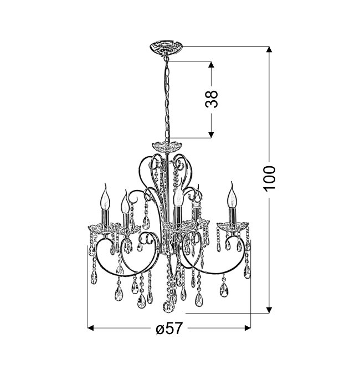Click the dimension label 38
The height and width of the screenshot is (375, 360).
click(212, 99)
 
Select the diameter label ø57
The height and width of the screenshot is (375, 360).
click(169, 328)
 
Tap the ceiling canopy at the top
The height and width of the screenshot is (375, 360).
click(166, 48)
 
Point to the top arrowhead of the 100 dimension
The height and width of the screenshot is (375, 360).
click(269, 49)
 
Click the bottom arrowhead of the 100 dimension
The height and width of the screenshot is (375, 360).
click(269, 310)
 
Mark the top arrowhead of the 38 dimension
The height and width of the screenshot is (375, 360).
click(210, 65)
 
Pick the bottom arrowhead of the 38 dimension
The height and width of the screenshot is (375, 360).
click(210, 135)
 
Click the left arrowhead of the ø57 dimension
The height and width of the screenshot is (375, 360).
click(90, 328)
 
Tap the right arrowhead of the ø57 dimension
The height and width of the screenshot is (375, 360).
click(248, 328)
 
